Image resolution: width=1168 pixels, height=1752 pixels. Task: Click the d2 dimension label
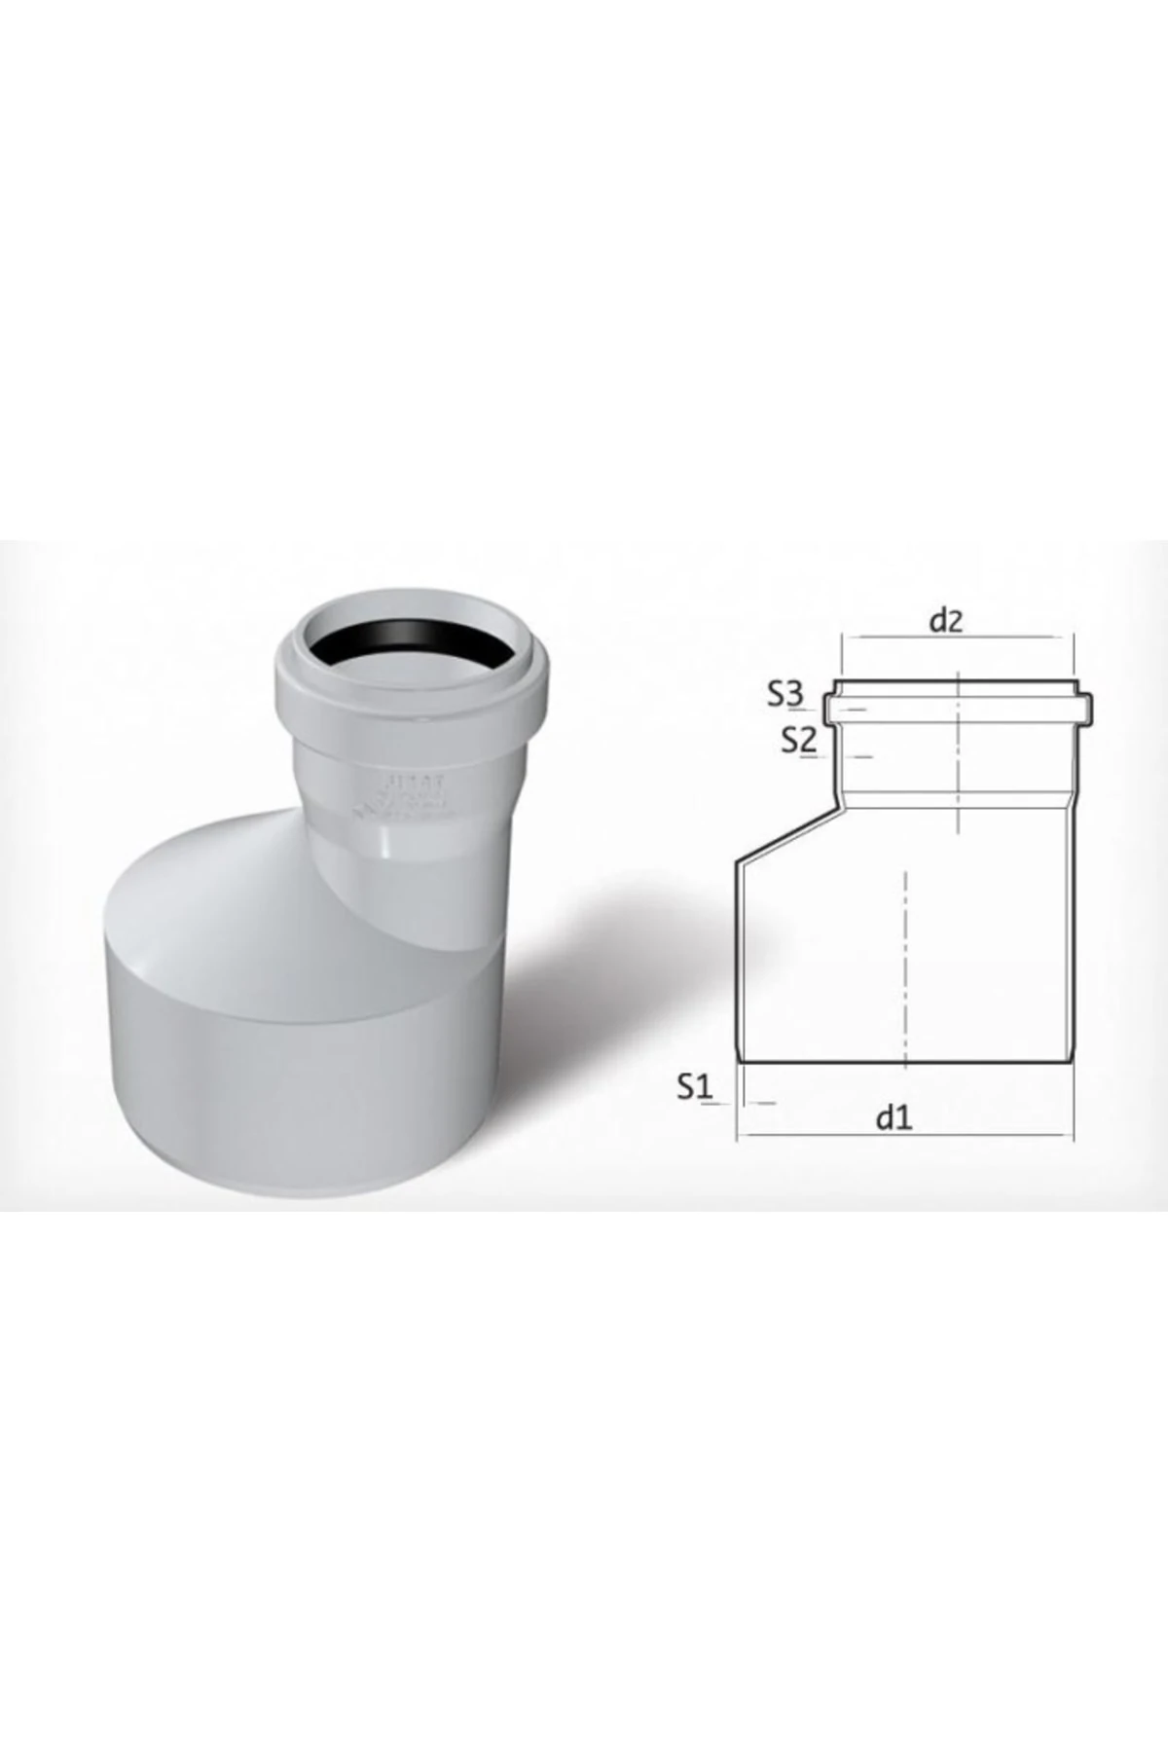[x=945, y=620]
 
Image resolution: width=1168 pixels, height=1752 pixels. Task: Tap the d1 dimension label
[x=894, y=1117]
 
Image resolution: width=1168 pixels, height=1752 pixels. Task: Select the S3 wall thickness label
[x=785, y=694]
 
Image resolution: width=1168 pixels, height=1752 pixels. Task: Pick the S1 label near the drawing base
[x=696, y=1087]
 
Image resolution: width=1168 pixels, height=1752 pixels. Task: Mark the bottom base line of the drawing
[x=905, y=1061]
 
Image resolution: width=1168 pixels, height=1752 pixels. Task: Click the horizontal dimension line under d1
[x=905, y=1135]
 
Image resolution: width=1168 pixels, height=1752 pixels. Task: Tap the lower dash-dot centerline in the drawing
[x=905, y=964]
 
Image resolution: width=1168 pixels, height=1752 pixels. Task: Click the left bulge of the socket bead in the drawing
[x=826, y=708]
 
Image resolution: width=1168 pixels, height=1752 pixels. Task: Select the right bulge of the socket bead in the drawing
[x=1088, y=708]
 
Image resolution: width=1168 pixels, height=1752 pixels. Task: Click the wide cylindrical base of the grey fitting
[x=292, y=1071]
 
